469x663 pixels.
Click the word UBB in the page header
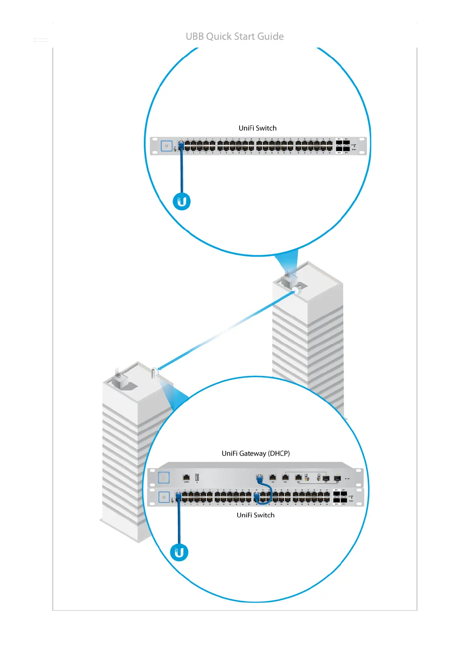coord(195,37)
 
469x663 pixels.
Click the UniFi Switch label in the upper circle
coord(257,128)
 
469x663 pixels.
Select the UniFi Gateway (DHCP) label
coord(255,454)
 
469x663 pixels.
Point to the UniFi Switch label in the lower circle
coord(255,515)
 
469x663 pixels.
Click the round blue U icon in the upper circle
coord(182,202)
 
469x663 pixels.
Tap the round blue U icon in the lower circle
coord(179,552)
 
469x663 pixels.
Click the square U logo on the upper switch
coord(166,146)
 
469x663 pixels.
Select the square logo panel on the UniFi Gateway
coord(164,478)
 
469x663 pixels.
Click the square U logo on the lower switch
coord(164,497)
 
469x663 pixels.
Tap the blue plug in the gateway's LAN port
coord(259,478)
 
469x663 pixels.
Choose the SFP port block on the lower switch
coord(340,497)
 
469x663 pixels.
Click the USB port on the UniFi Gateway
coord(197,478)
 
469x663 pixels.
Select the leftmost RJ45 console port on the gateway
coord(186,478)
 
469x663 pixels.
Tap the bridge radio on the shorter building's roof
coord(154,372)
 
